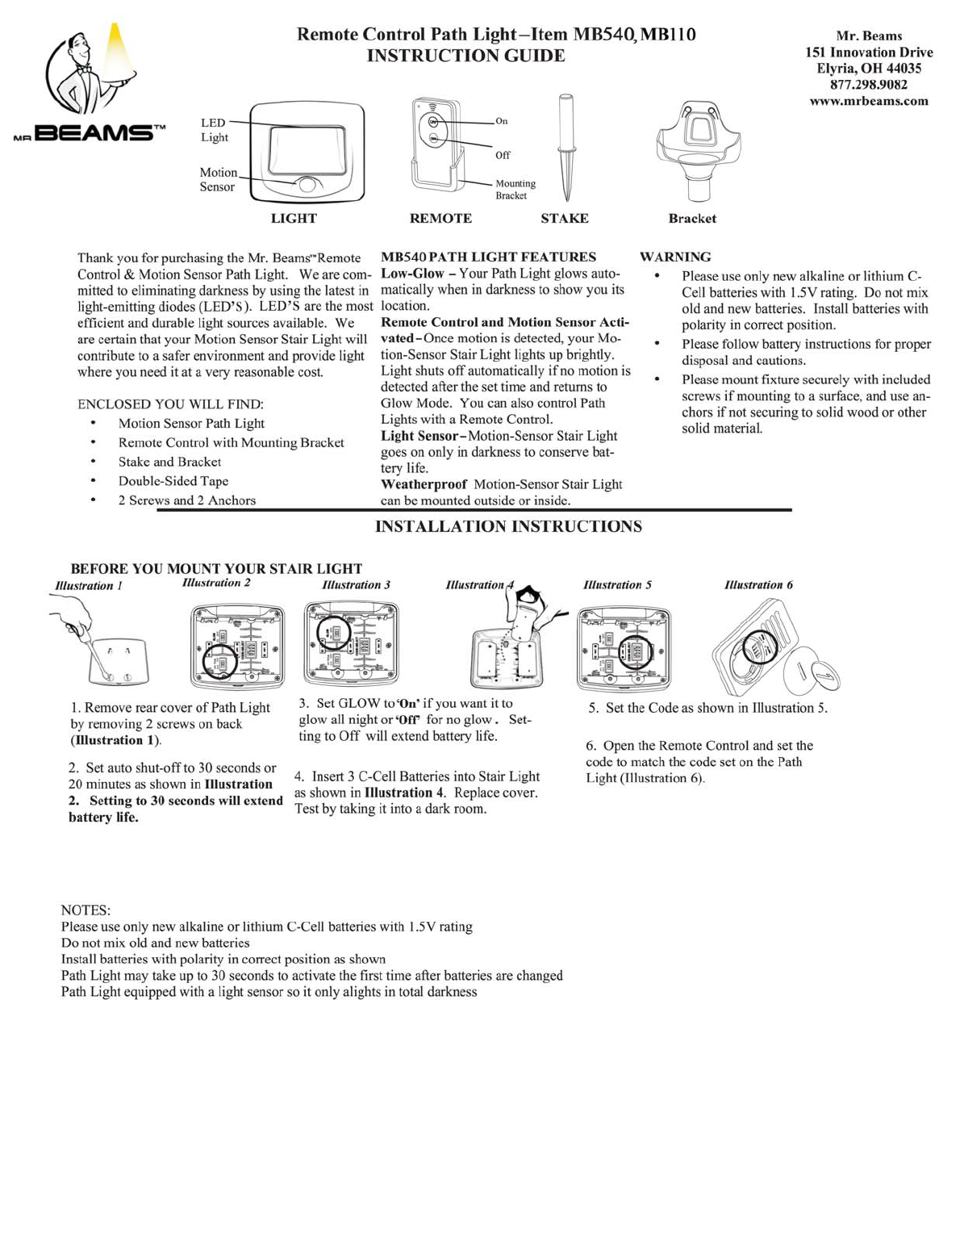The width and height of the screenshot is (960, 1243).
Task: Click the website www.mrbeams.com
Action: [868, 101]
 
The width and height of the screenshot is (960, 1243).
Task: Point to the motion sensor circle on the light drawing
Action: [307, 185]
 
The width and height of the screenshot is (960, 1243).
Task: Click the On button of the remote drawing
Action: [434, 121]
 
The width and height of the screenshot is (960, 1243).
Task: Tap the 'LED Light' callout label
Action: [214, 130]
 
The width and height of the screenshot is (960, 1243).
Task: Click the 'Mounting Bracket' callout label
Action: [515, 190]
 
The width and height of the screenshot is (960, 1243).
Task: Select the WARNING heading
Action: [675, 257]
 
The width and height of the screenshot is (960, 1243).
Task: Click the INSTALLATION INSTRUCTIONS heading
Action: [508, 527]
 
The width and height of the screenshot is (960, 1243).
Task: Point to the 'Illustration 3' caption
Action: [356, 584]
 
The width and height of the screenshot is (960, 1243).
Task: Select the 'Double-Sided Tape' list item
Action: [173, 481]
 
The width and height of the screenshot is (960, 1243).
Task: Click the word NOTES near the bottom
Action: [86, 910]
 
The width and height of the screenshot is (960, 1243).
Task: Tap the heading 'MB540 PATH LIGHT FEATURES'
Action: [488, 257]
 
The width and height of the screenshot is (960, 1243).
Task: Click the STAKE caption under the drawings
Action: [564, 219]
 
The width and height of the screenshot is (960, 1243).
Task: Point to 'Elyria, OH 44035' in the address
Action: [868, 69]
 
